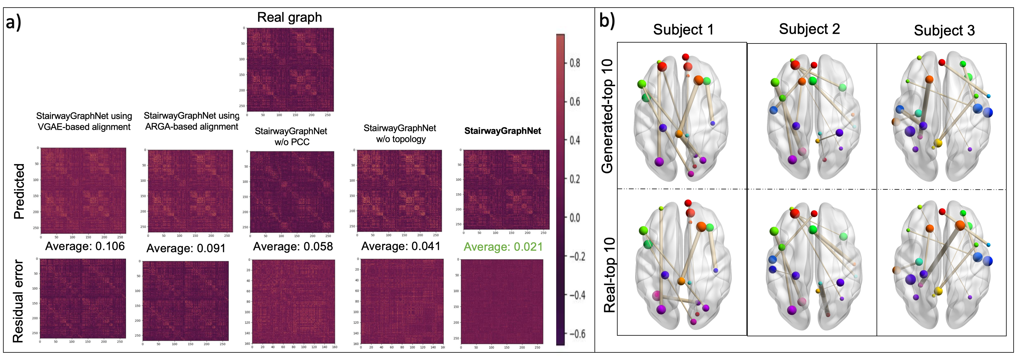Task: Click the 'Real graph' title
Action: (289, 17)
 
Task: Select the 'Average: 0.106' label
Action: (85, 246)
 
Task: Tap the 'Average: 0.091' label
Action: (186, 248)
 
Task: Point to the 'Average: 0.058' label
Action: (293, 247)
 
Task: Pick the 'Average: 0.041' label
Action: (400, 246)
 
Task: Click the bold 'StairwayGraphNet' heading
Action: (502, 131)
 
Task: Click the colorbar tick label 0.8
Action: (575, 63)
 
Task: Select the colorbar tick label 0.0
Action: (575, 218)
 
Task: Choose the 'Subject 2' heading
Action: (809, 29)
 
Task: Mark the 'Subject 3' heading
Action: (944, 30)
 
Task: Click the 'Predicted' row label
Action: (19, 191)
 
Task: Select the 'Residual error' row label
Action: (18, 301)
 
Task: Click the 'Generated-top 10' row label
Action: (607, 116)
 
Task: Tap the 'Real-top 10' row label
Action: (609, 275)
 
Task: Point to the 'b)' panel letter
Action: (607, 21)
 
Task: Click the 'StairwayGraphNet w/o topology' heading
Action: (400, 133)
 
